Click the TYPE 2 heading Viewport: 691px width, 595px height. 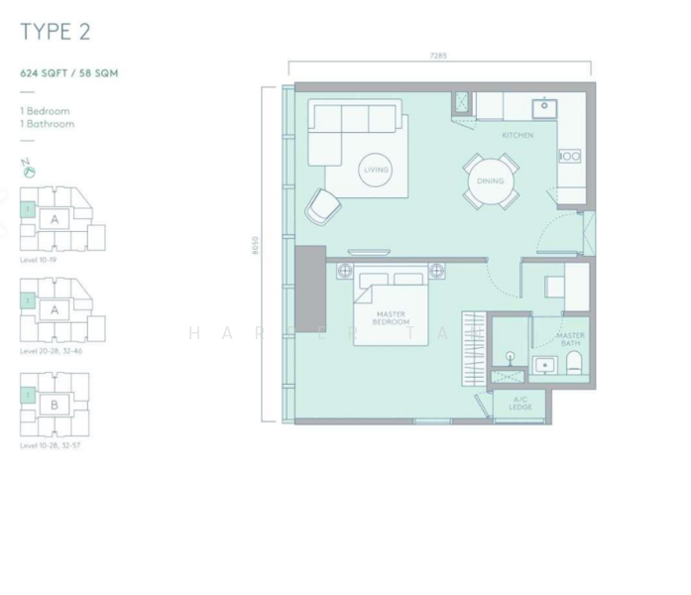[x=56, y=32]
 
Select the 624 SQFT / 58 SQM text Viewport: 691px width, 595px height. [x=70, y=73]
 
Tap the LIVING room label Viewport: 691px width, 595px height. [x=376, y=170]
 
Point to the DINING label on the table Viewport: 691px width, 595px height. [x=490, y=181]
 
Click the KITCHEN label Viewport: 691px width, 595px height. [x=517, y=135]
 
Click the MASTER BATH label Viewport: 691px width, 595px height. [x=570, y=339]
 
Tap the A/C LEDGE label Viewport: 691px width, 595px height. [x=520, y=404]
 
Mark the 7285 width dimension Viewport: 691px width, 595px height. [x=438, y=57]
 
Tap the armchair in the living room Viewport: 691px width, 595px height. [x=322, y=206]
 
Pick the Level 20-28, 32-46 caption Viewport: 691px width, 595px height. [x=50, y=351]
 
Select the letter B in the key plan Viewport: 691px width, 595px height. [x=56, y=405]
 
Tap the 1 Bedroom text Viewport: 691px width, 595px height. [x=45, y=112]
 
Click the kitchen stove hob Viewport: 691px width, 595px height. [x=569, y=156]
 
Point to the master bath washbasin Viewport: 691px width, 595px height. [x=544, y=366]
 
